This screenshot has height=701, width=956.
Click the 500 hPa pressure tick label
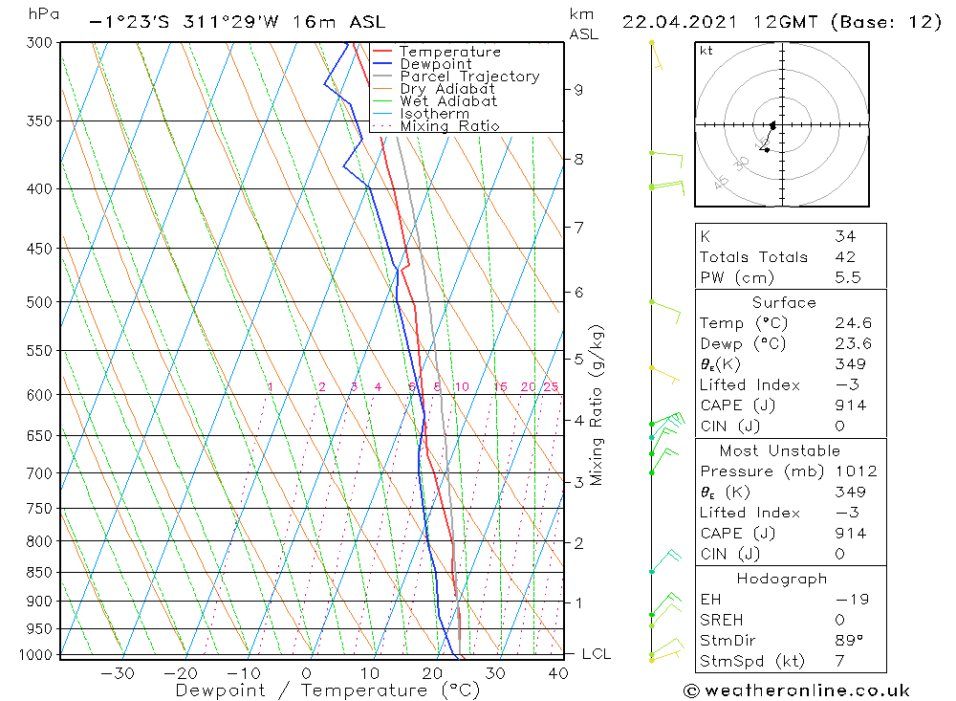coord(38,302)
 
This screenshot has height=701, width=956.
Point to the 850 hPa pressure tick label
coord(38,573)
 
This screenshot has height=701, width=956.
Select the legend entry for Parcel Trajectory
coord(469,77)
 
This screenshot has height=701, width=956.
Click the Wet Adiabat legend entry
coord(448,101)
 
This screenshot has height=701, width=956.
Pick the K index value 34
coord(845,236)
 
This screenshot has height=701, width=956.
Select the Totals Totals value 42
coord(845,257)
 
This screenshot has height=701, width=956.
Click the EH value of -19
coord(851,600)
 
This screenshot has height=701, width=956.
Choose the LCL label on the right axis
coord(597,654)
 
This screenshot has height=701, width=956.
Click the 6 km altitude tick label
coord(578,292)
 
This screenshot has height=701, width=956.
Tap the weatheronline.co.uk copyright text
coord(796,690)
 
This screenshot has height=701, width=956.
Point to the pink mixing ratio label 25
coord(551,387)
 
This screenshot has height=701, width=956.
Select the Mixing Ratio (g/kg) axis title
coord(597,405)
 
